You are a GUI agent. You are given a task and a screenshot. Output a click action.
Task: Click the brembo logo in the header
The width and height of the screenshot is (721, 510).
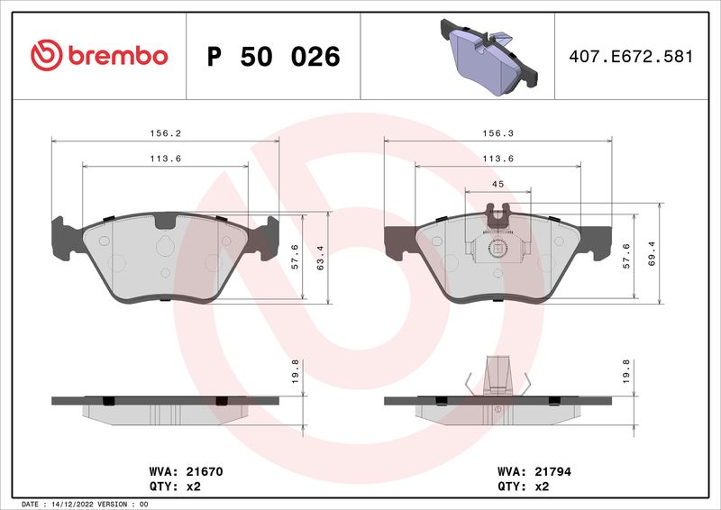tap(99, 56)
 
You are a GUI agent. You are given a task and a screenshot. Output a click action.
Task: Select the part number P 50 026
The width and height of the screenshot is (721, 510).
tap(273, 57)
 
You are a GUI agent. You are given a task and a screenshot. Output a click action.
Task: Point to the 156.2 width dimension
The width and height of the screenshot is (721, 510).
tap(165, 132)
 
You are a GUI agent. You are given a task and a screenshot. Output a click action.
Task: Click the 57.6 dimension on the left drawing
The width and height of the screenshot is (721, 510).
tap(295, 256)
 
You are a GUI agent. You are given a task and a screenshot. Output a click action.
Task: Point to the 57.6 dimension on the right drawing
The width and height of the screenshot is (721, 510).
tap(628, 256)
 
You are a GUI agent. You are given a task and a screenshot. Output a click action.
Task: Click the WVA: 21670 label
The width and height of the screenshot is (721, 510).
tap(178, 470)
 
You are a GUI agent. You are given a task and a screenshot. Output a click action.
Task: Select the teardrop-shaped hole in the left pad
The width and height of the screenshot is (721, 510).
tap(164, 248)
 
